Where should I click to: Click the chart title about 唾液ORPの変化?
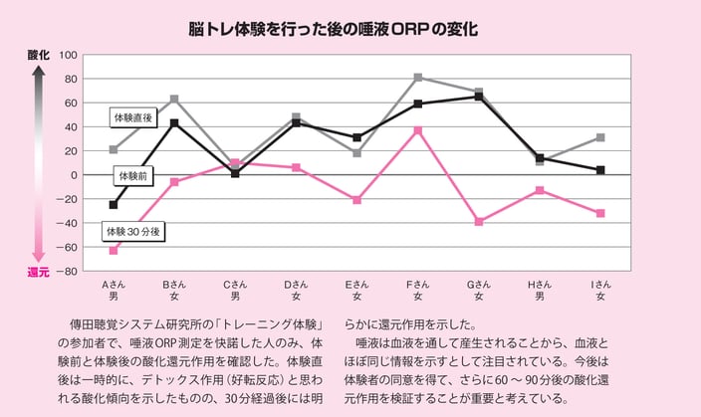pyautogui.click(x=334, y=29)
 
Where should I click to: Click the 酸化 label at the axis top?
pyautogui.click(x=37, y=56)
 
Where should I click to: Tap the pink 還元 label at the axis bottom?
pyautogui.click(x=37, y=271)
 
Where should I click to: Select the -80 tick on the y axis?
pyautogui.click(x=70, y=271)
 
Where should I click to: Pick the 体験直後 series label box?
pyautogui.click(x=132, y=117)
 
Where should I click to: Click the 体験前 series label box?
pyautogui.click(x=132, y=176)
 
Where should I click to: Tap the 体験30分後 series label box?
pyautogui.click(x=133, y=231)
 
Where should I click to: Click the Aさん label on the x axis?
pyautogui.click(x=113, y=285)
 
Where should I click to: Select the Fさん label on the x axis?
pyautogui.click(x=418, y=285)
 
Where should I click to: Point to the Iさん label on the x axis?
pyautogui.click(x=600, y=285)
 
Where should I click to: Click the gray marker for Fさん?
pyautogui.click(x=418, y=78)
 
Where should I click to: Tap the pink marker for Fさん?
pyautogui.click(x=418, y=130)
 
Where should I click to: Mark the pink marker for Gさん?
pyautogui.click(x=479, y=221)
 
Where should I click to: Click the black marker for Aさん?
pyautogui.click(x=113, y=205)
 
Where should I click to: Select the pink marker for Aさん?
pyautogui.click(x=113, y=250)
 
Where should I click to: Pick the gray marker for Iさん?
pyautogui.click(x=600, y=137)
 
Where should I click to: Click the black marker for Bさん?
pyautogui.click(x=174, y=122)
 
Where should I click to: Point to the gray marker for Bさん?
pyautogui.click(x=174, y=99)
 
